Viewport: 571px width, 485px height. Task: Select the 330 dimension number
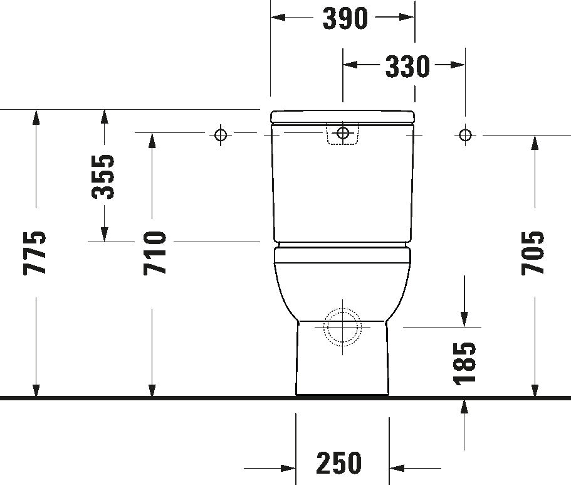pos(407,66)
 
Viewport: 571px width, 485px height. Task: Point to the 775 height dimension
pos(35,253)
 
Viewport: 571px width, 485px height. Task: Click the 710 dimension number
pos(154,253)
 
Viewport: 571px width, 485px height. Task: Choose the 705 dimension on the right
pos(533,252)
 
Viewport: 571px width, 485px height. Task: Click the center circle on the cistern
pos(342,133)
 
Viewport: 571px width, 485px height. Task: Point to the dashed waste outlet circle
pos(342,328)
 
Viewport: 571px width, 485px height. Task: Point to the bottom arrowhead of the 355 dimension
pos(104,233)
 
